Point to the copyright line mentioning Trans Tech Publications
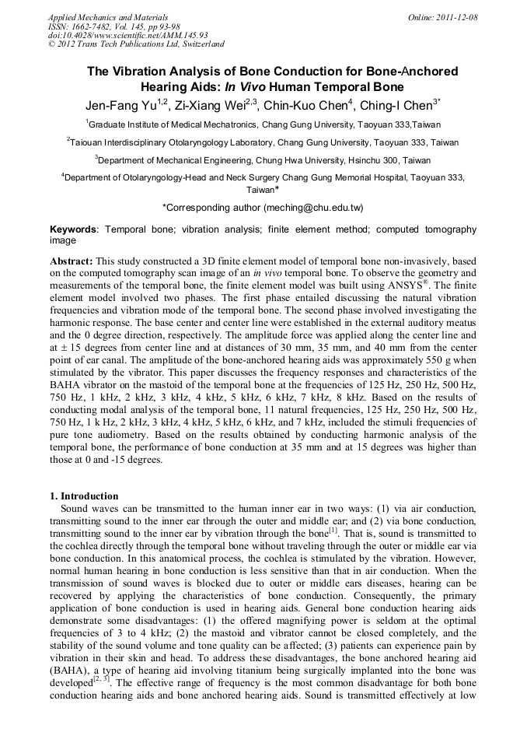[x=136, y=44]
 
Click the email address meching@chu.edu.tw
[x=313, y=208]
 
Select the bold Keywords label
[x=74, y=230]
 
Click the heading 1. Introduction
[x=84, y=496]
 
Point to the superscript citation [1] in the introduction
[x=333, y=531]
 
